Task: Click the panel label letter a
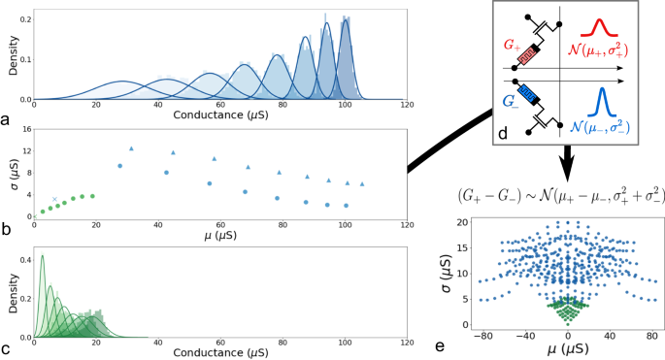coord(7,121)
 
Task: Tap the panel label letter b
coord(7,230)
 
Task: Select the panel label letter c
coord(7,348)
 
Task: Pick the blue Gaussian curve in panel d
coord(602,102)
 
